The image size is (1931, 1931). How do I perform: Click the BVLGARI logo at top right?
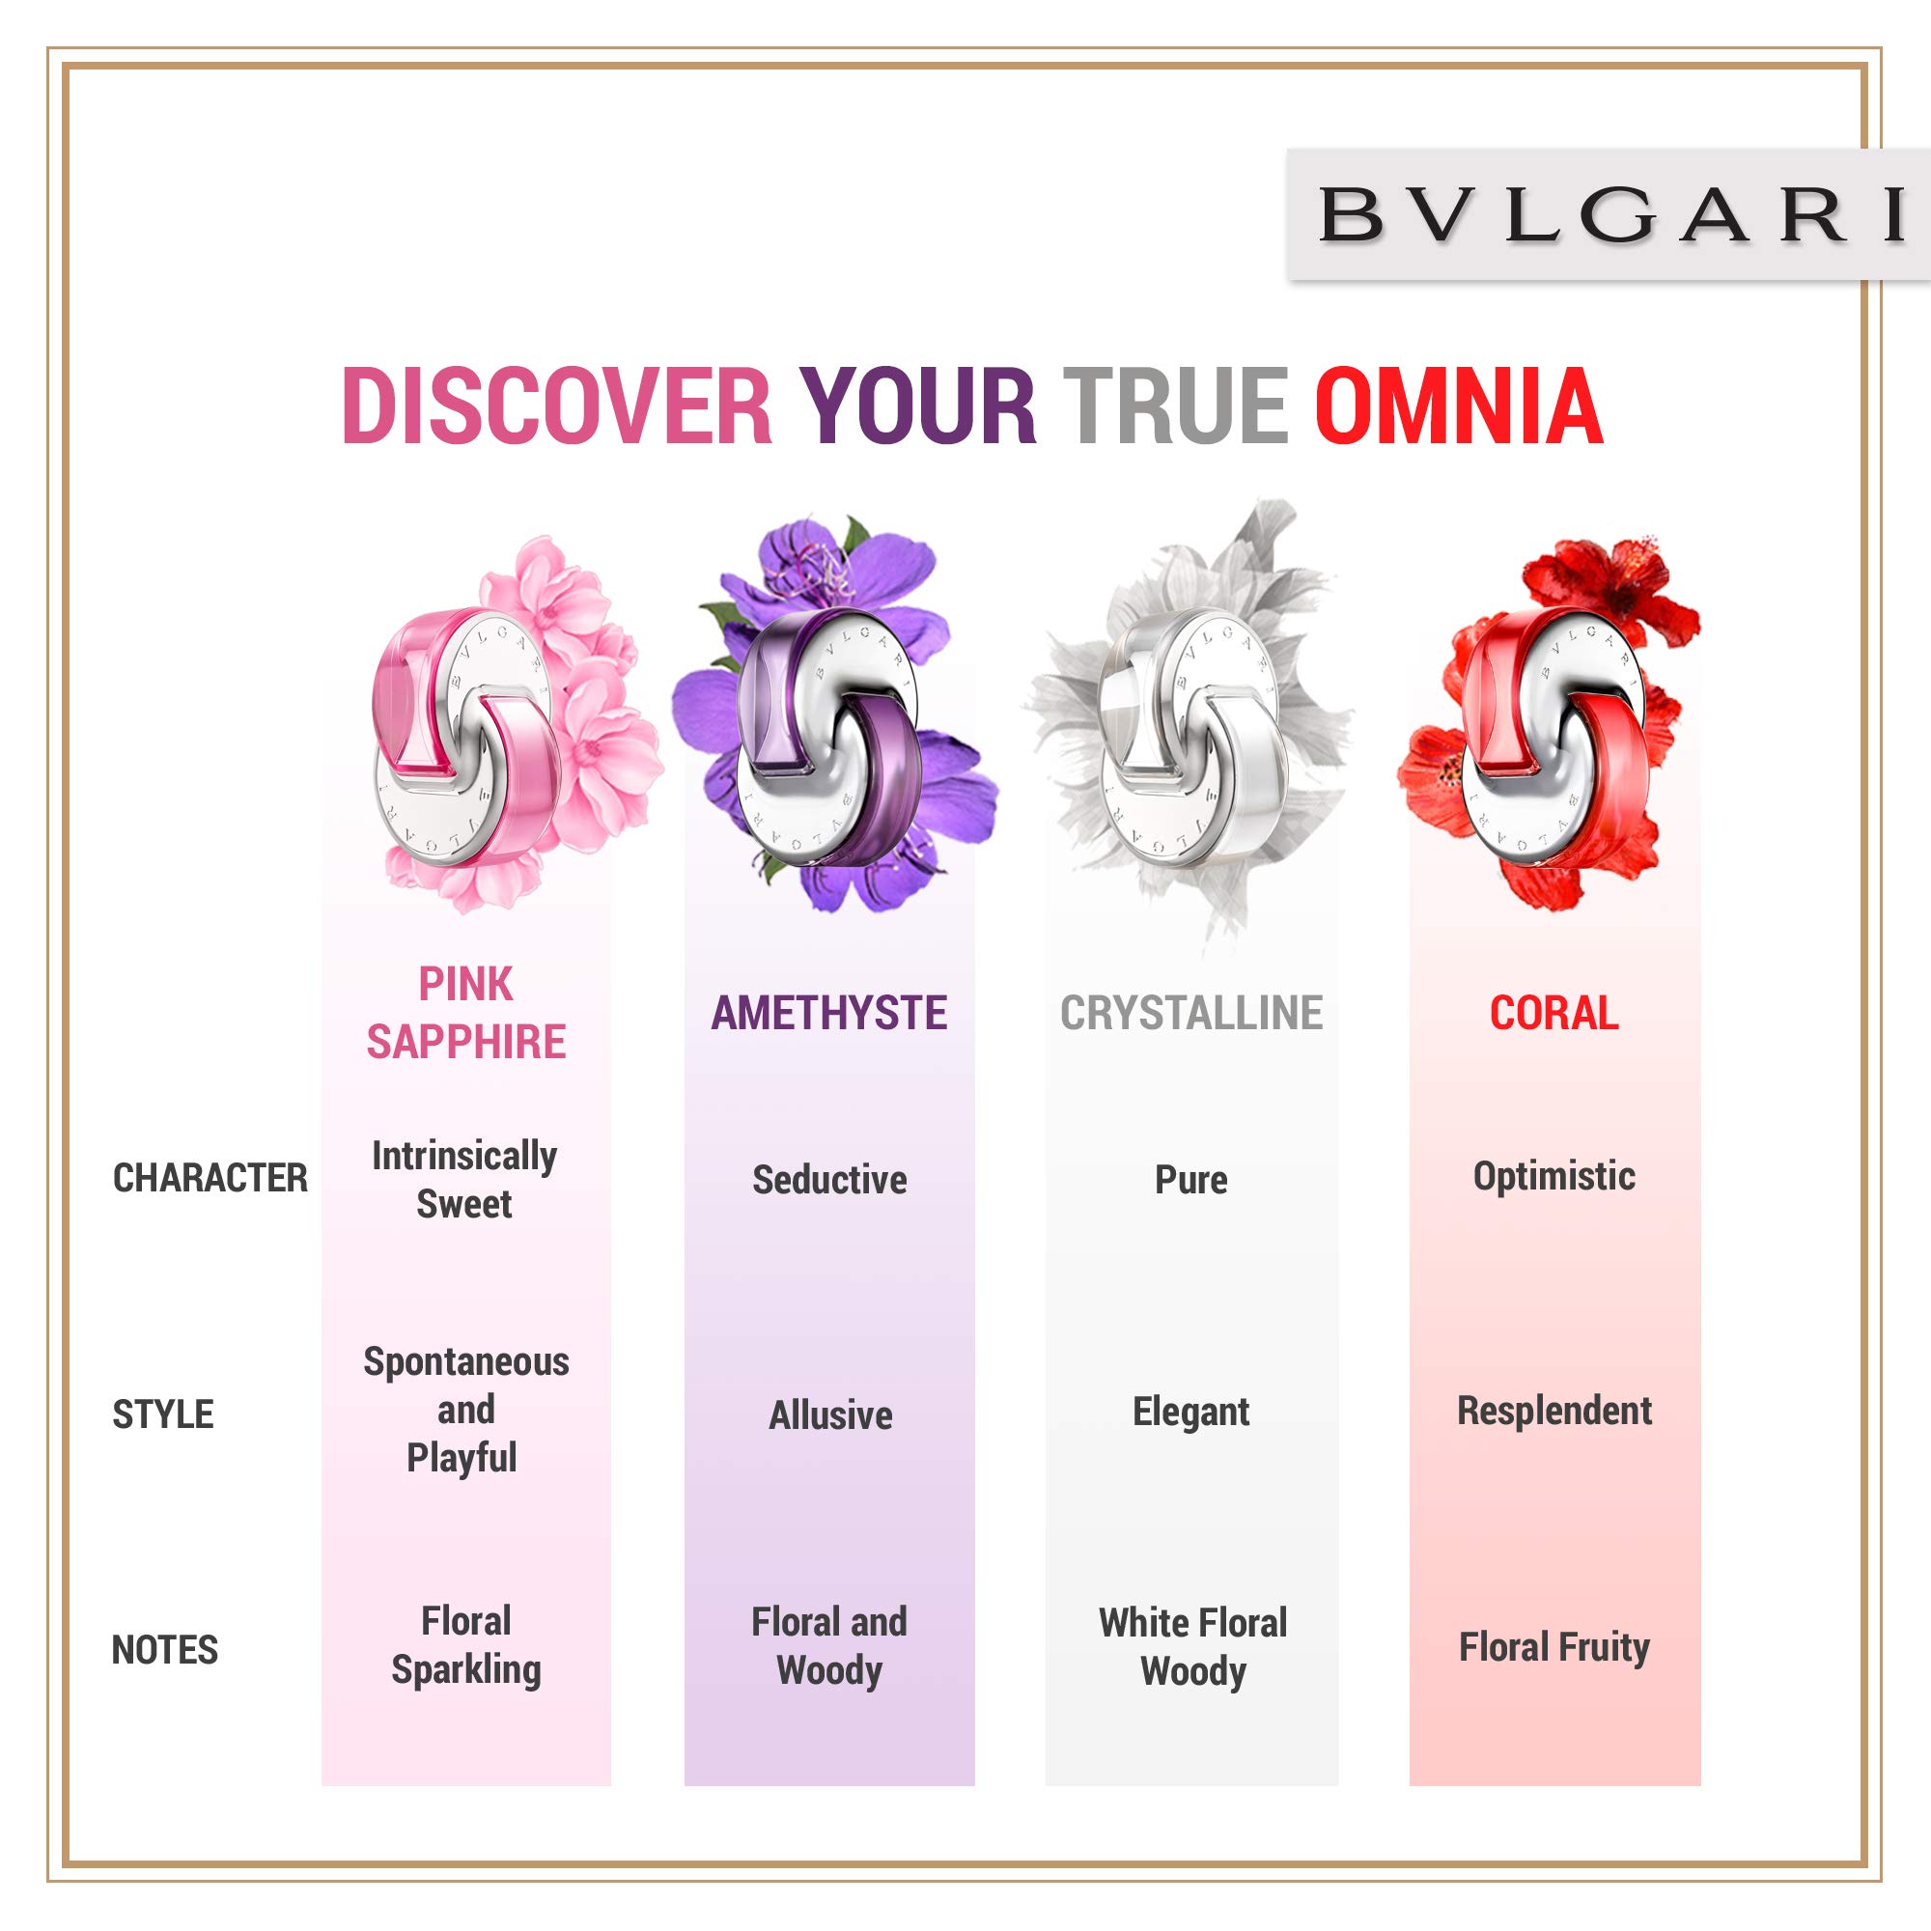coord(1611,215)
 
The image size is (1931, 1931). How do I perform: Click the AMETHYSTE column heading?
coord(828,1014)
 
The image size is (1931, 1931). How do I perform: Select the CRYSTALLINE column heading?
coord(1191,1014)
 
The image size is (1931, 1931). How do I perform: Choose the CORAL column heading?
coord(1554,1014)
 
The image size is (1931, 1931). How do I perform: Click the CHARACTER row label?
coord(210,1178)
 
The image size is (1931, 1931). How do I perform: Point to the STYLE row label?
coord(163,1414)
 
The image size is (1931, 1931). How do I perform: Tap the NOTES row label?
coord(165,1650)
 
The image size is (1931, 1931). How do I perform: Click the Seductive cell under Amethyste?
coord(829,1181)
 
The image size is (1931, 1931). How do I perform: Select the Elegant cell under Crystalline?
coord(1191,1413)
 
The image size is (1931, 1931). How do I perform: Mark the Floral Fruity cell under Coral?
coord(1554,1647)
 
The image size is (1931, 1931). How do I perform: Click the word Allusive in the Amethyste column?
coord(830,1415)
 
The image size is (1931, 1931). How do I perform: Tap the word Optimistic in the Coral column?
coord(1554,1176)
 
